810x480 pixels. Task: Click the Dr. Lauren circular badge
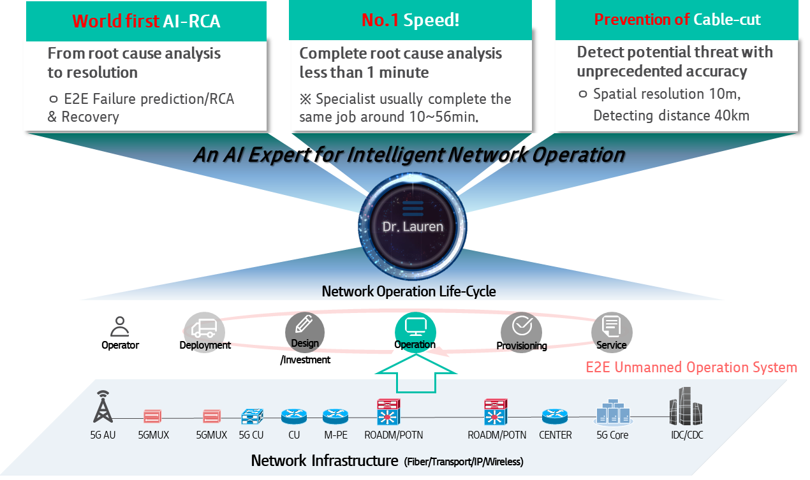(412, 224)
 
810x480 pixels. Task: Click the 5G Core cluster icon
(612, 413)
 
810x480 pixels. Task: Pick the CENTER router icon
(555, 416)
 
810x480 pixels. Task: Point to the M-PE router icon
(335, 416)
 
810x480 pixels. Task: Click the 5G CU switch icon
(251, 416)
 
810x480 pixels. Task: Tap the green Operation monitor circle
(415, 330)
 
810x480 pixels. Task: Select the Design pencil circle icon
(304, 329)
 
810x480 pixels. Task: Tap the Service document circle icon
(611, 330)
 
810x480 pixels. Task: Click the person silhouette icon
(119, 326)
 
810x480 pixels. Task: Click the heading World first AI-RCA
(146, 20)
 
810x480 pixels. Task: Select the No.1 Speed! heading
(410, 20)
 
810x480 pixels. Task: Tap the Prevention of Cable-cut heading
(677, 20)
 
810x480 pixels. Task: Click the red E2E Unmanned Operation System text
(691, 367)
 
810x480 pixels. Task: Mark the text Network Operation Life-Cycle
(409, 291)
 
